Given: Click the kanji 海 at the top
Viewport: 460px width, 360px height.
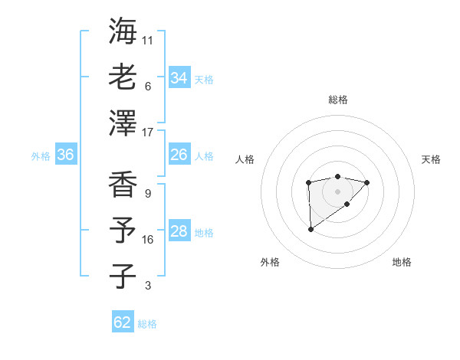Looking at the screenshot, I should (123, 31).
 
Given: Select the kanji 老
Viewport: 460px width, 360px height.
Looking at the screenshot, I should (123, 77).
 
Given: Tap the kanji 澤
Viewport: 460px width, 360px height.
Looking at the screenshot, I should (123, 123).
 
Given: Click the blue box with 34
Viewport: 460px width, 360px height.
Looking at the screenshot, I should (179, 77).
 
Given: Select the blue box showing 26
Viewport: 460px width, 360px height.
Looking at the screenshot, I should (179, 155).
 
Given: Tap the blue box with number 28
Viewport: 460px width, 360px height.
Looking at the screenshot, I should (179, 231).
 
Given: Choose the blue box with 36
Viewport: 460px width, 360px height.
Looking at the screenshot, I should (65, 155).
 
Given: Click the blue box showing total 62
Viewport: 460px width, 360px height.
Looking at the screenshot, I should (123, 322).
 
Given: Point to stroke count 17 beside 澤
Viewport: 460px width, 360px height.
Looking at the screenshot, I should (149, 132).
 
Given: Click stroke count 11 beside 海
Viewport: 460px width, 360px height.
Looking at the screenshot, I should (148, 40).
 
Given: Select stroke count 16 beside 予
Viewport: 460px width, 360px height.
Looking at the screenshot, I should (148, 239).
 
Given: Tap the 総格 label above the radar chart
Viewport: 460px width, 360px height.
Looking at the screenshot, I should (337, 100).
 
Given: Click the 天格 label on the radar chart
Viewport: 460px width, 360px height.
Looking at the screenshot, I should (431, 159).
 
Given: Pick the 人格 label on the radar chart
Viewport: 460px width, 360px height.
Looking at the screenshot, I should (245, 159).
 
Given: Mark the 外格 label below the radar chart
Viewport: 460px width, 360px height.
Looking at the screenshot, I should (270, 262).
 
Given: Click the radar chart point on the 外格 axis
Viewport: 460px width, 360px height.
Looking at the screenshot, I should (310, 228).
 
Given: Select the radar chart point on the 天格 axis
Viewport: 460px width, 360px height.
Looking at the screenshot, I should (367, 182).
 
